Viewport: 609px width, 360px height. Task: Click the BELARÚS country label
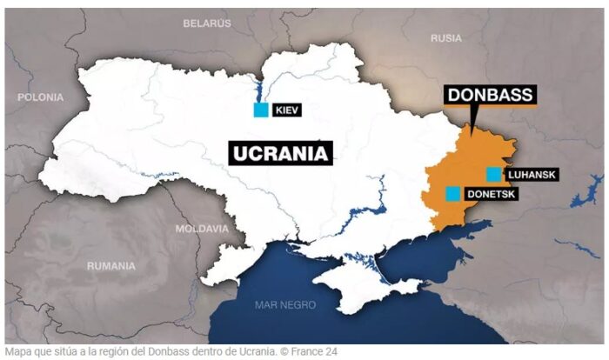coord(207,23)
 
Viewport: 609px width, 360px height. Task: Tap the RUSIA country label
coord(446,37)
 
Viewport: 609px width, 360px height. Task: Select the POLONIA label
coord(40,97)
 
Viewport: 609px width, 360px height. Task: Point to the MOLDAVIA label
coord(202,229)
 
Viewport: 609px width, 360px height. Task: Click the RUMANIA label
coord(111,265)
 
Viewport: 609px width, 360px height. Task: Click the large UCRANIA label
coord(282,154)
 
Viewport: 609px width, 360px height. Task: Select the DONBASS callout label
coord(490,94)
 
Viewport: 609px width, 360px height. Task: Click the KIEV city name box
coord(287,110)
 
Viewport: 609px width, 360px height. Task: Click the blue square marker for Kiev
coord(260,110)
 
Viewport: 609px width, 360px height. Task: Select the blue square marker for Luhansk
coord(494,174)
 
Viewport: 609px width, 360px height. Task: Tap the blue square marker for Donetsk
coord(452,194)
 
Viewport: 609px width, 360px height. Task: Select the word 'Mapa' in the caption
coord(19,352)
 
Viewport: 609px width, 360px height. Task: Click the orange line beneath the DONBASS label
coord(490,107)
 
